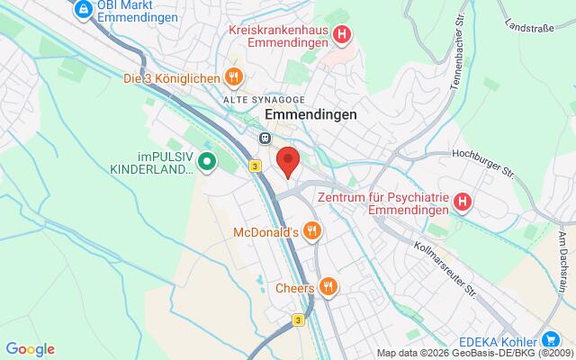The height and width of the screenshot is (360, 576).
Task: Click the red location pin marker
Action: point(288,161)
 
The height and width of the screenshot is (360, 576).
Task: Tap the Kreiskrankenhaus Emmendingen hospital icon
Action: point(341,36)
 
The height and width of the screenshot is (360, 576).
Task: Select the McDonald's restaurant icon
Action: point(310,231)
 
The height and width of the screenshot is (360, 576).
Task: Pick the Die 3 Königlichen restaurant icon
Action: point(233,77)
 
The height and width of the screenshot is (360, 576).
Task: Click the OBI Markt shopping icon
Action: point(82,9)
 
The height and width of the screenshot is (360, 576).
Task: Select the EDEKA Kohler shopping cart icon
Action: point(549,339)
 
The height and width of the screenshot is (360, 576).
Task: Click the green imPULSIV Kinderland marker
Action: point(207,163)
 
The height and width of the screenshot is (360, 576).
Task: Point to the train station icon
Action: point(265,138)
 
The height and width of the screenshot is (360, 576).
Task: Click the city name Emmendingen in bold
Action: point(310,115)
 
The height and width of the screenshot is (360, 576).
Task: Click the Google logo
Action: point(30,349)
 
